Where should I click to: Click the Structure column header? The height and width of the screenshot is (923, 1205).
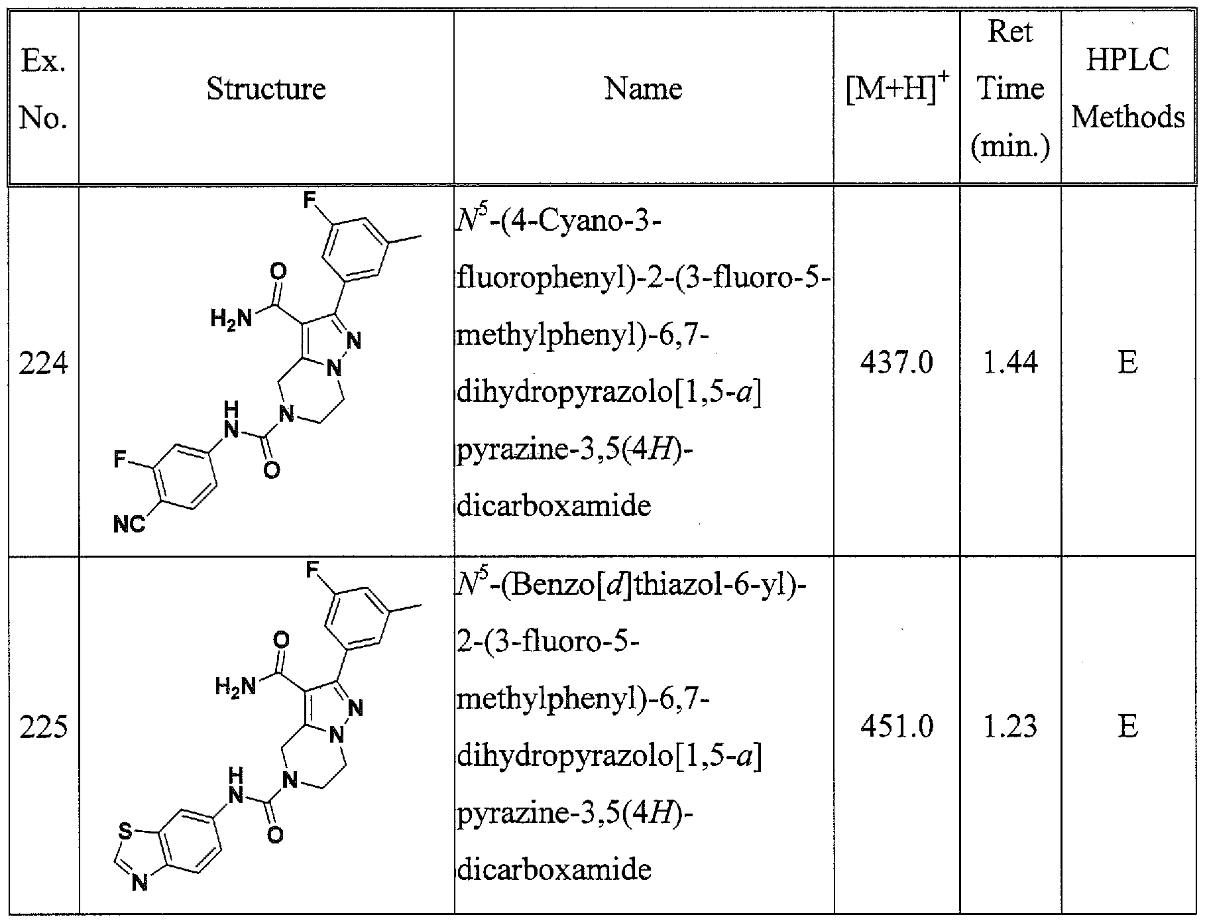(x=266, y=89)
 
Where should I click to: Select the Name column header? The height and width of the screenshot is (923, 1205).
(x=643, y=89)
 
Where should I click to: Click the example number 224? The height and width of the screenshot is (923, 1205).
(x=43, y=364)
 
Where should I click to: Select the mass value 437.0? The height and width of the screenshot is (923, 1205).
(x=896, y=363)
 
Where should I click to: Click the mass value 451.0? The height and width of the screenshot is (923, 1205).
(x=896, y=727)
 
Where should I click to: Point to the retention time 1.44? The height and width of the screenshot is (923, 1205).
(x=1009, y=363)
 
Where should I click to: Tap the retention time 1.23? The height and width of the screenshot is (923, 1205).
(x=1009, y=727)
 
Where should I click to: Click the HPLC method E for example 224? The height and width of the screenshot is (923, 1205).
(x=1127, y=363)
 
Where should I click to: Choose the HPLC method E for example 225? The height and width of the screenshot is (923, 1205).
(x=1127, y=727)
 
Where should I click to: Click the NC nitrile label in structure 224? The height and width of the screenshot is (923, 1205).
(x=129, y=525)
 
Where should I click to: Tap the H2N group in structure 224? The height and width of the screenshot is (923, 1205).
(x=231, y=319)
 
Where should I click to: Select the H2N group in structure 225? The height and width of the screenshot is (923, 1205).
(x=235, y=686)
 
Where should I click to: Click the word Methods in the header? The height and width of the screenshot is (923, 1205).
(x=1128, y=118)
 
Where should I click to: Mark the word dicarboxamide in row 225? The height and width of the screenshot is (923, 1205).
(x=554, y=869)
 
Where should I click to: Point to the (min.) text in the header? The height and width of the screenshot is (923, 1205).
(x=1010, y=147)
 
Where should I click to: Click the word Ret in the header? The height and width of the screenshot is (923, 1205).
(x=1010, y=32)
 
